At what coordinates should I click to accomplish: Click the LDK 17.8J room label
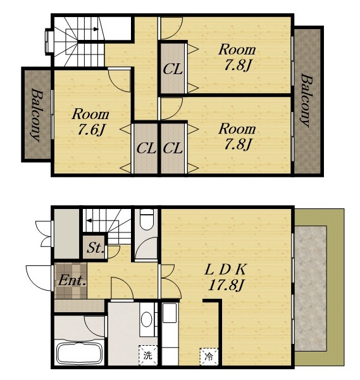(225, 277)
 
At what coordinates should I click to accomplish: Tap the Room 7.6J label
(90, 122)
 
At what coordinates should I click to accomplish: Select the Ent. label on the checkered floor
(72, 281)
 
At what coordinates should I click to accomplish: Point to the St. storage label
(95, 248)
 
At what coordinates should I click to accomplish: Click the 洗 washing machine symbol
(147, 355)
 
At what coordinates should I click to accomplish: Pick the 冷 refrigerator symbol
(209, 357)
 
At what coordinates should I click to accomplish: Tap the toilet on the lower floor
(147, 219)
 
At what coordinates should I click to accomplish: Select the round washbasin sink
(147, 319)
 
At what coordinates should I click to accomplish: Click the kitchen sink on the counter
(170, 313)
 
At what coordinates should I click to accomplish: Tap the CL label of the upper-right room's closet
(172, 69)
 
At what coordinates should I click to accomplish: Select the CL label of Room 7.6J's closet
(146, 148)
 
